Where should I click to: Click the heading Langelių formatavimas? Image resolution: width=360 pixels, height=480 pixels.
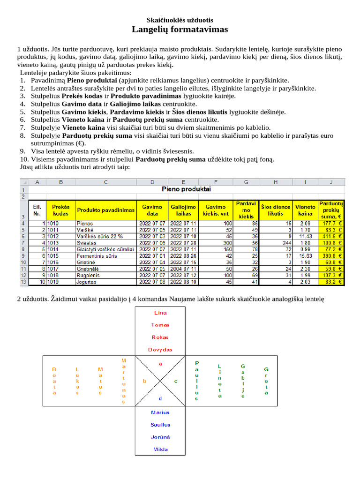[x=180, y=30]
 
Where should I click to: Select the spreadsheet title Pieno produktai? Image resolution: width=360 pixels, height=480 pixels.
[x=186, y=189]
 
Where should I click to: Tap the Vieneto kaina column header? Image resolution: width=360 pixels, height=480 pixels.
[x=305, y=210]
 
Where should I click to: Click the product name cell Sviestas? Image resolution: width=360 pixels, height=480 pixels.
[x=86, y=243]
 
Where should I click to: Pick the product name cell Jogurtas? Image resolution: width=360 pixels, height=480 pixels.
[x=87, y=282]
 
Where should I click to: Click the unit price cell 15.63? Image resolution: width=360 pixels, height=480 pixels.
[x=305, y=256]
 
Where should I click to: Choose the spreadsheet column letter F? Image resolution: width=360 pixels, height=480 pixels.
[x=215, y=182]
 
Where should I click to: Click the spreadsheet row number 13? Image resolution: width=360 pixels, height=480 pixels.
[x=23, y=282]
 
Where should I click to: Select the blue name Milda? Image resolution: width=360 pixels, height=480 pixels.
[x=160, y=449]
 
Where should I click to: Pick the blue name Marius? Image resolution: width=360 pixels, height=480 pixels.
[x=160, y=412]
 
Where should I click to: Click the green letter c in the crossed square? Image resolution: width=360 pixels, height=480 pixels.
[x=176, y=381]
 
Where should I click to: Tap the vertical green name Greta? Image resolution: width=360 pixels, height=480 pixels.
[x=266, y=381]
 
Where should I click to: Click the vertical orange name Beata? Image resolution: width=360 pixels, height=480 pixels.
[x=54, y=381]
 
